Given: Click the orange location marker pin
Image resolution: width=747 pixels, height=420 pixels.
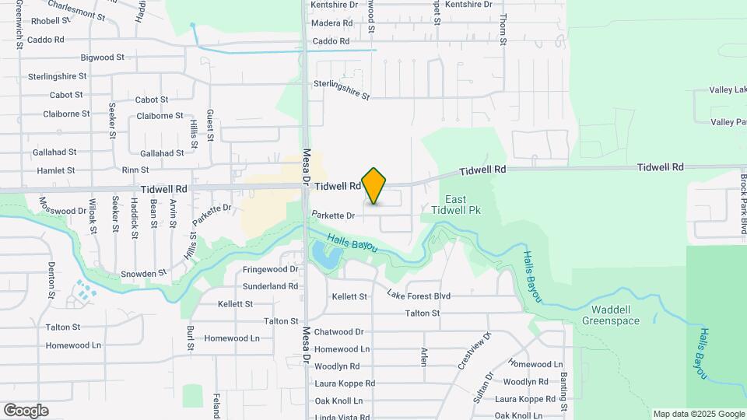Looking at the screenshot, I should (374, 186).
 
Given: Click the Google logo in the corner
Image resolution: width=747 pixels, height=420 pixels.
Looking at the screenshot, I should (26, 411).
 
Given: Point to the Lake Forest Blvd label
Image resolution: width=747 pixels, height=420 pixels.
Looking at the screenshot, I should (419, 296).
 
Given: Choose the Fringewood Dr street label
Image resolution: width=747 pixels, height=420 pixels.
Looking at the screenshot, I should (271, 269).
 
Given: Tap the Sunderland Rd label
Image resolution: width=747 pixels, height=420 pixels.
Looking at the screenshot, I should (271, 286).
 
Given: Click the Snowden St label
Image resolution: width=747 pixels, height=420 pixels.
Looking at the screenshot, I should (144, 274).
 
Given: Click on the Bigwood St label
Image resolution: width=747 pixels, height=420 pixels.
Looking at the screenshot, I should (103, 58).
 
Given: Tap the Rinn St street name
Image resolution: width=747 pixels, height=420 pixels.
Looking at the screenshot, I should (135, 170).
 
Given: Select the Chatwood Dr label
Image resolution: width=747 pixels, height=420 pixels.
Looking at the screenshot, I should (338, 332).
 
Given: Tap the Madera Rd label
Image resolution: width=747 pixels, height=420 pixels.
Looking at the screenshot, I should (331, 23).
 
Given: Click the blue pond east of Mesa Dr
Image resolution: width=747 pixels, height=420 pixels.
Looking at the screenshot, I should (322, 252).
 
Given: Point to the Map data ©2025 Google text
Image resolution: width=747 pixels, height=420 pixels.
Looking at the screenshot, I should (698, 414).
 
